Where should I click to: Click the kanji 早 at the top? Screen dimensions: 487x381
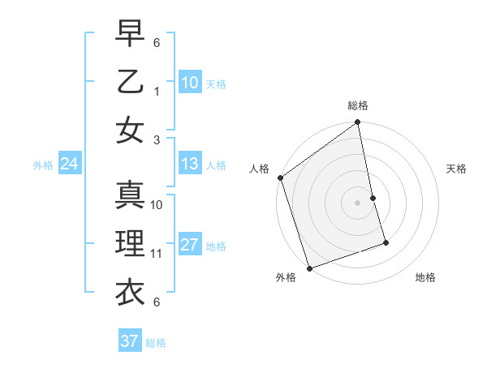tap(130, 35)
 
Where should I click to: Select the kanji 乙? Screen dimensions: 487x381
tap(130, 82)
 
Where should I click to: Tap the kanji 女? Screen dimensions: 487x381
tap(130, 130)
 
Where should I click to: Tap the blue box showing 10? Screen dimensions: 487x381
tap(189, 82)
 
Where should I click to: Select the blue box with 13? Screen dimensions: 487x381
tap(189, 164)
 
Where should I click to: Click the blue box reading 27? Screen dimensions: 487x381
tap(189, 245)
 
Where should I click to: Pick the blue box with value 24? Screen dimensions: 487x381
tap(69, 164)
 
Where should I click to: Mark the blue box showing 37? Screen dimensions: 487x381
tap(129, 341)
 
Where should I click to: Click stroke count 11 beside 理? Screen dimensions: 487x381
tap(157, 254)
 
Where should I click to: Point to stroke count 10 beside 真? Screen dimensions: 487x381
tap(157, 205)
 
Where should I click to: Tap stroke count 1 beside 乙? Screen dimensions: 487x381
tap(157, 91)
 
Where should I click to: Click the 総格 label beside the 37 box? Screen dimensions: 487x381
tap(156, 343)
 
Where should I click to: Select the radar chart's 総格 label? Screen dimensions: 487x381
tap(358, 105)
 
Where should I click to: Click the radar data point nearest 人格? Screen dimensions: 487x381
tap(280, 178)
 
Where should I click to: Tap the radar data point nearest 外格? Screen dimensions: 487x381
tap(309, 268)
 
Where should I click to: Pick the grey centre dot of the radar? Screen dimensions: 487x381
tap(358, 202)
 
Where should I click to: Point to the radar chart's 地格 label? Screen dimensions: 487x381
tap(425, 277)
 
